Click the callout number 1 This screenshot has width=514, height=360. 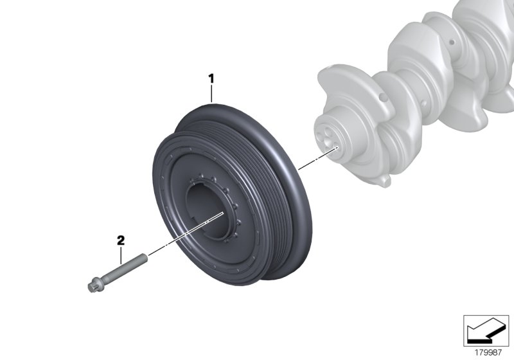click(x=211, y=79)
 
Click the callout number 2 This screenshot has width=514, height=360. click(x=120, y=240)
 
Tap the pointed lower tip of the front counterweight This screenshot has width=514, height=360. click(x=384, y=184)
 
